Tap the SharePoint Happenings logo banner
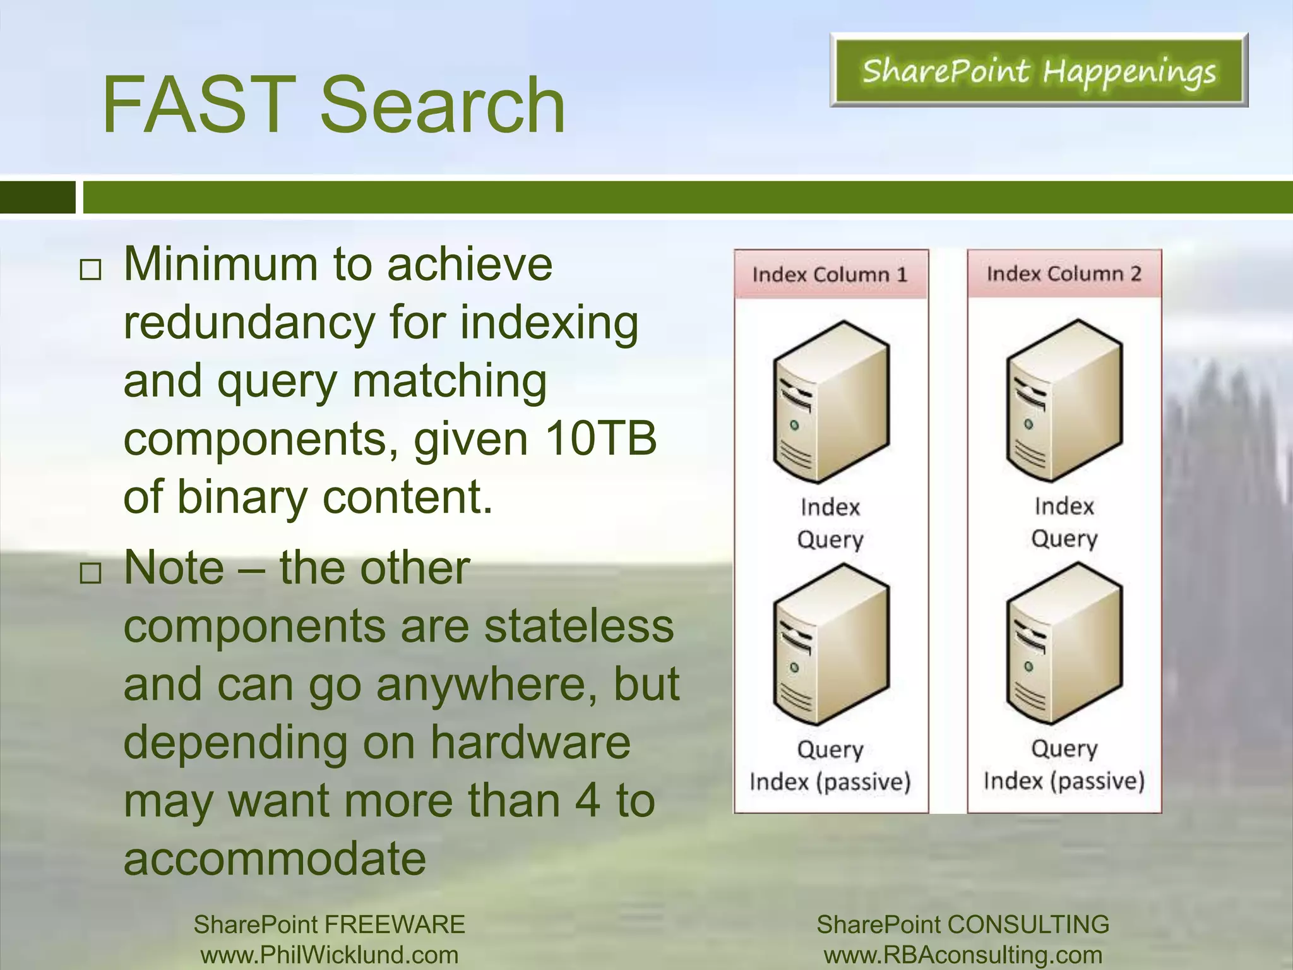pyautogui.click(x=1039, y=71)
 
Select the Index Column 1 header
pyautogui.click(x=830, y=275)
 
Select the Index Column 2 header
pyautogui.click(x=1064, y=273)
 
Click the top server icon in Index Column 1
pyautogui.click(x=831, y=402)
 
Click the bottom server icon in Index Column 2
pyautogui.click(x=1064, y=644)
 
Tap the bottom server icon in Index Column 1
pyautogui.click(x=831, y=645)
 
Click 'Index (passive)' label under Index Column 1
pyautogui.click(x=830, y=782)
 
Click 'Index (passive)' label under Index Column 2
pyautogui.click(x=1064, y=781)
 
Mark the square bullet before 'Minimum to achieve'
pyautogui.click(x=90, y=270)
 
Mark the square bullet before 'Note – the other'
pyautogui.click(x=90, y=573)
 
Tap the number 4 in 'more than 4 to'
pyautogui.click(x=587, y=800)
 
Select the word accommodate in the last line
pyautogui.click(x=275, y=858)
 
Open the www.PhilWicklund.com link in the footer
pyautogui.click(x=329, y=955)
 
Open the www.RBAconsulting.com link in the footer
pyautogui.click(x=963, y=955)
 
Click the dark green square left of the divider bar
pyautogui.click(x=37, y=197)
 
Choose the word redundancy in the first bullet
pyautogui.click(x=249, y=323)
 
